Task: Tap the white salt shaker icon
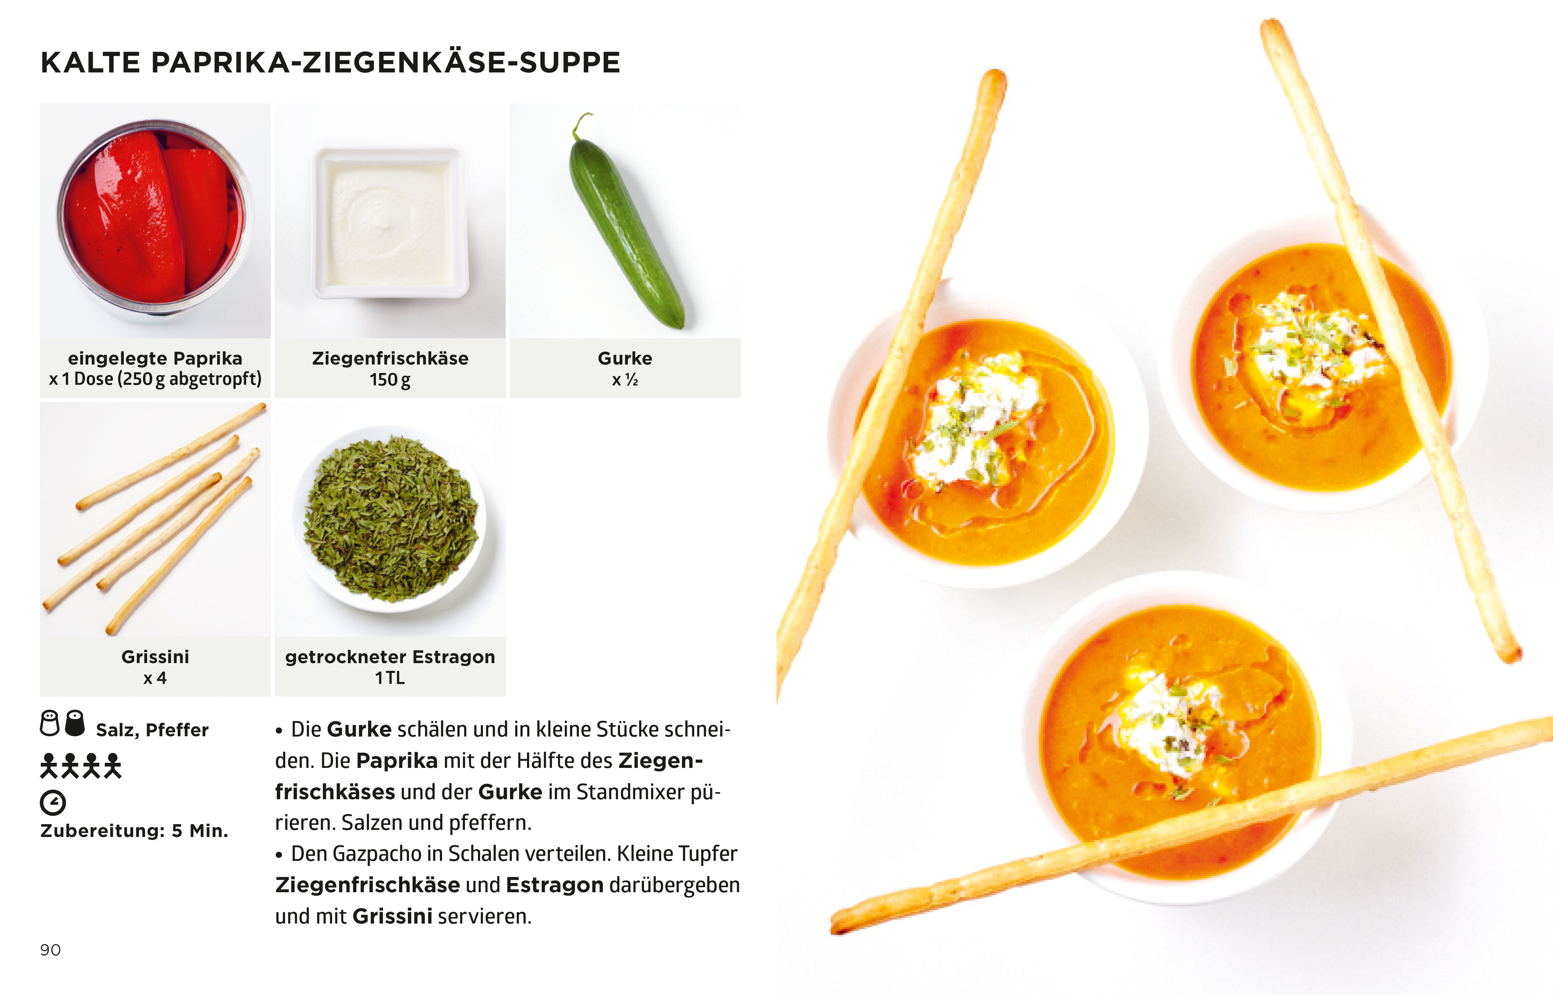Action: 50,723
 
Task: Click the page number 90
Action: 51,950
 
